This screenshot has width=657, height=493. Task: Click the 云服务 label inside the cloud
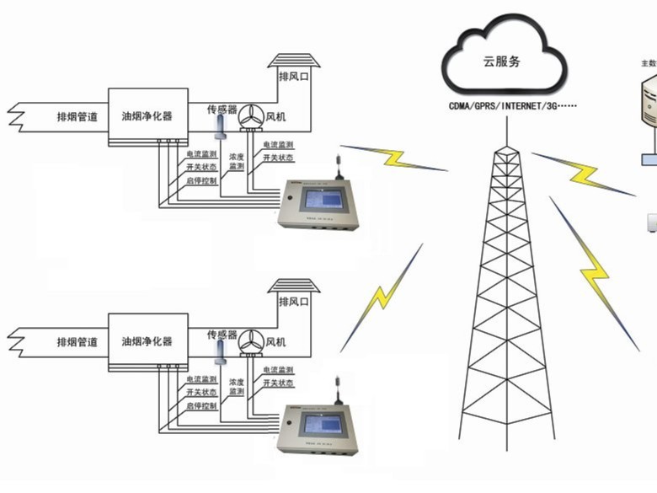click(502, 60)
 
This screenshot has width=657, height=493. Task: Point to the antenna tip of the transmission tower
click(506, 126)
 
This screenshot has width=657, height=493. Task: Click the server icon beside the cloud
click(649, 101)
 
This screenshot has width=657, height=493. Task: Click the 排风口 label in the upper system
click(294, 76)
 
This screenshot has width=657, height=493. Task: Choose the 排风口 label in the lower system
click(294, 301)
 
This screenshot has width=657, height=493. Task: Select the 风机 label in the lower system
click(275, 342)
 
